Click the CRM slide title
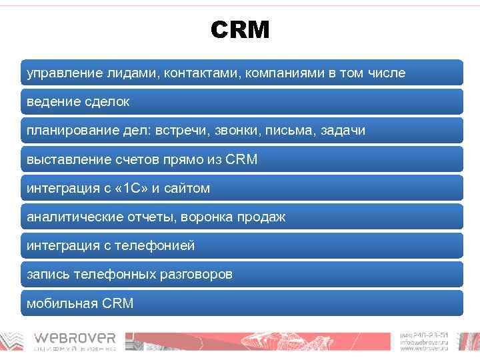coord(240,30)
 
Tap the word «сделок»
coord(107,102)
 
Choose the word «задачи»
coord(343,131)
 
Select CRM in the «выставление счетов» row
coord(241,159)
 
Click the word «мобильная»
coord(62,303)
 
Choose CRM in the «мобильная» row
coord(118,303)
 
